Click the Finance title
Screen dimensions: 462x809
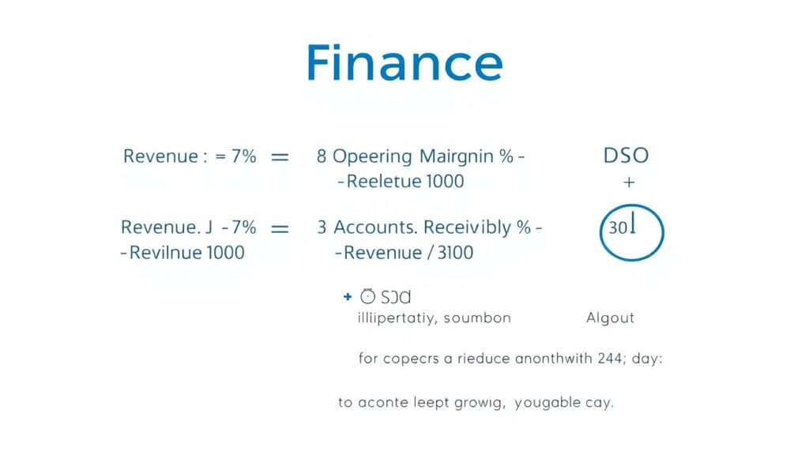point(404,64)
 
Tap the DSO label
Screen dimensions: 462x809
point(626,156)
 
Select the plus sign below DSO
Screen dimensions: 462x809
point(629,182)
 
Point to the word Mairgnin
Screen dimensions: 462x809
point(457,156)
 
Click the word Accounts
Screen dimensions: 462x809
point(374,228)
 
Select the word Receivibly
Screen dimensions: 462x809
point(467,228)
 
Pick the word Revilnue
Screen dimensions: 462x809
point(164,253)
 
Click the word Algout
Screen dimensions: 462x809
point(610,318)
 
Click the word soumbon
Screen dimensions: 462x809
point(477,318)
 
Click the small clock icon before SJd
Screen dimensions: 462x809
point(367,297)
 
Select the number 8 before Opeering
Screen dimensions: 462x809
point(322,156)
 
